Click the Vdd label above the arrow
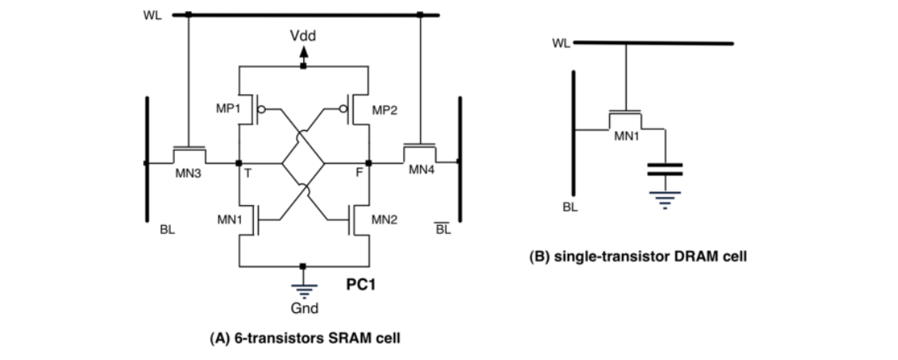pos(303,37)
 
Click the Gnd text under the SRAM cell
pos(303,308)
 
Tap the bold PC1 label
pos(361,284)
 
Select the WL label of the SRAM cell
pos(152,14)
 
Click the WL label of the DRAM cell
pos(561,43)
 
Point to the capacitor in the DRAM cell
pos(665,169)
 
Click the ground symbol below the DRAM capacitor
pos(665,195)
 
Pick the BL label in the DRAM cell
pos(569,206)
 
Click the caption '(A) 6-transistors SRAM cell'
pos(304,338)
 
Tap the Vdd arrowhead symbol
pos(303,53)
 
